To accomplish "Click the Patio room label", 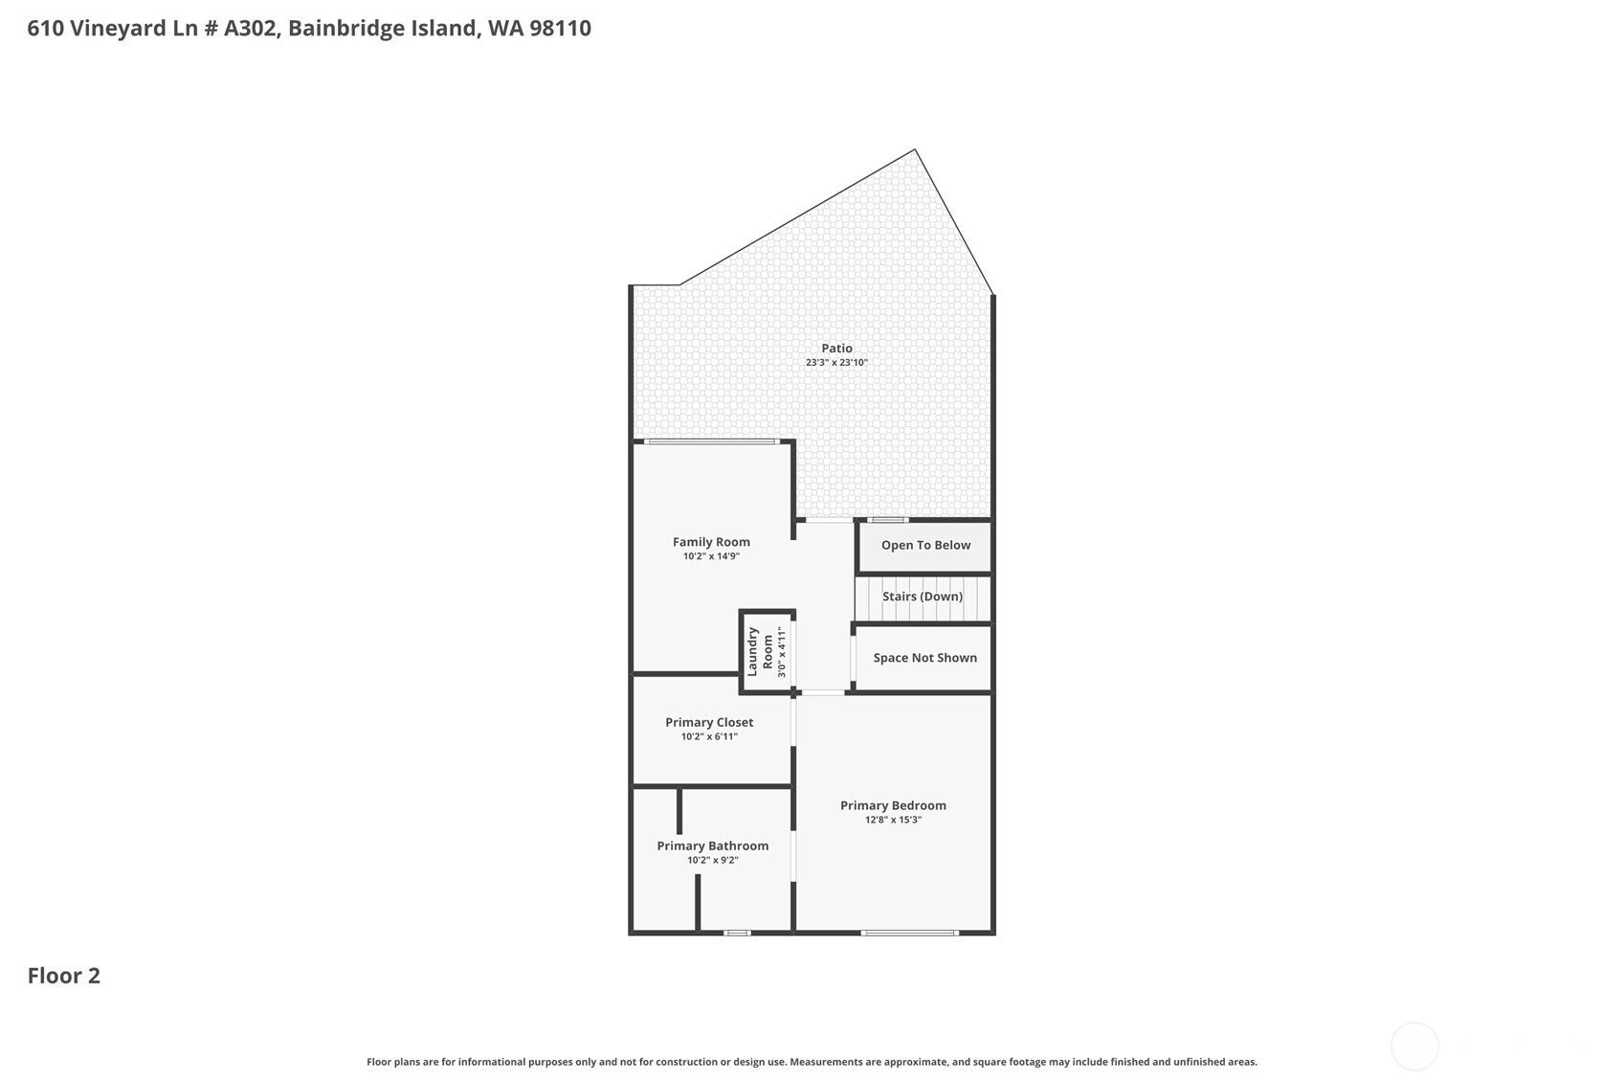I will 836,349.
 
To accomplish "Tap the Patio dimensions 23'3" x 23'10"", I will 836,363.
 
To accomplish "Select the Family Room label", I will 711,542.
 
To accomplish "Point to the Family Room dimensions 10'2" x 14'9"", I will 711,556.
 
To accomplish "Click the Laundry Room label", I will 760,652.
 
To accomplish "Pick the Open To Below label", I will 925,545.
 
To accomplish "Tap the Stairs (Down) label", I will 923,597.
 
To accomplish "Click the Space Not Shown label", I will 924,658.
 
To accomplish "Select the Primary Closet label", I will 709,722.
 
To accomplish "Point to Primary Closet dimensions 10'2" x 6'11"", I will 709,736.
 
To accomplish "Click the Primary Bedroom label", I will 893,805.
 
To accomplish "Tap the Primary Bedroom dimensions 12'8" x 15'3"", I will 893,820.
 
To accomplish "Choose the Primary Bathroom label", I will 712,846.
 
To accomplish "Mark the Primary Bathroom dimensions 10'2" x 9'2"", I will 712,860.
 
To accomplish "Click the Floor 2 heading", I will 64,976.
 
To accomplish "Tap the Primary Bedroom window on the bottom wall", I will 909,933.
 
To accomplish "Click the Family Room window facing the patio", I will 710,441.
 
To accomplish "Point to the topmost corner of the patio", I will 915,150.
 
